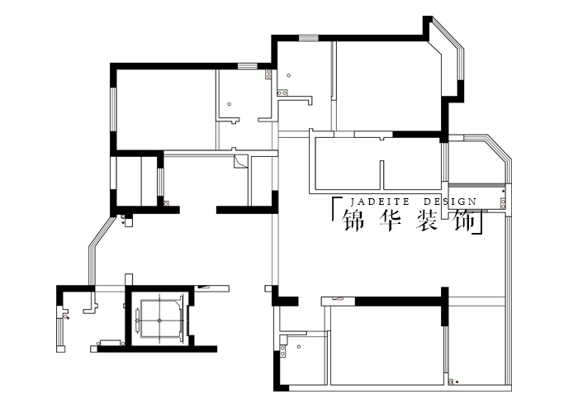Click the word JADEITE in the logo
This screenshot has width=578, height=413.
tap(380, 202)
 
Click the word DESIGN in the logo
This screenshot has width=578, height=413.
tap(450, 202)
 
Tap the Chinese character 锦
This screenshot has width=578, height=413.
tap(354, 221)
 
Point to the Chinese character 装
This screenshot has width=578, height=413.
tap(428, 221)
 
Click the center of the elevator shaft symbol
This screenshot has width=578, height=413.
tap(159, 320)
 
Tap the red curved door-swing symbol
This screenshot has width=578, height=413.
tap(240, 162)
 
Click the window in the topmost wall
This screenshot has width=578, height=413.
tap(309, 38)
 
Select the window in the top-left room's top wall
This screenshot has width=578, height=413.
tap(248, 66)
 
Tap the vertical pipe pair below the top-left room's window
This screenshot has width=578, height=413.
tap(268, 74)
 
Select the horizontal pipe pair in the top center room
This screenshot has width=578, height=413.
tap(282, 93)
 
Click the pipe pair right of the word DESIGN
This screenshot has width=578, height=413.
tap(503, 203)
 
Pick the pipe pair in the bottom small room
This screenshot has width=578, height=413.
tap(282, 351)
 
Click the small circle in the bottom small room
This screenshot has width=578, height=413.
tap(299, 347)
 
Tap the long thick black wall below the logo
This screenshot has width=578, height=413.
tap(398, 301)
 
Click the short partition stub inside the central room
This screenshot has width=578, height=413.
tap(381, 175)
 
